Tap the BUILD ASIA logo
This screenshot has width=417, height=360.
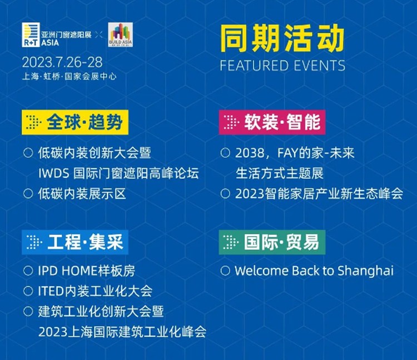121,35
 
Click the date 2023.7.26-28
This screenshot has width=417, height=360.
62,62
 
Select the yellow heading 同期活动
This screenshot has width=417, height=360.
282,38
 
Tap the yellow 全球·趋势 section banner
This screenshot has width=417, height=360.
75,122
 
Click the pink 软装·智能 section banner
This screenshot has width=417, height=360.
272,122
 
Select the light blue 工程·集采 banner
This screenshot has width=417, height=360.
75,242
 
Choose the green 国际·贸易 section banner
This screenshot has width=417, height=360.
272,242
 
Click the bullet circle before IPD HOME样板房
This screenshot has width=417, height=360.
28,271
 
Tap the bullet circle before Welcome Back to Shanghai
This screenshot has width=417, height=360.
225,271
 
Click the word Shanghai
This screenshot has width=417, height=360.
365,271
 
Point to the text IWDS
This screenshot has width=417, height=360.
54,173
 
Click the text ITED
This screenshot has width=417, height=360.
50,291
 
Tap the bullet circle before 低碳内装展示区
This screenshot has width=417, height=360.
28,193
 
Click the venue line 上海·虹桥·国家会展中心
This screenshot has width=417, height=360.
69,77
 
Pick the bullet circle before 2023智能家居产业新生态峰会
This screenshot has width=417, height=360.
225,193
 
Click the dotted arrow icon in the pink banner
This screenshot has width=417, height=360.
231,122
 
